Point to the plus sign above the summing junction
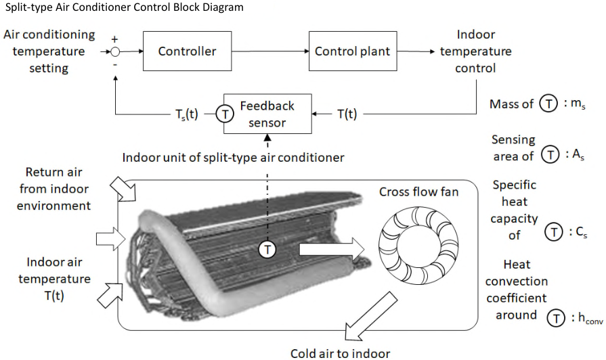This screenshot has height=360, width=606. pos(114,39)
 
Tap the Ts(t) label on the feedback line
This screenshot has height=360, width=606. pos(187,114)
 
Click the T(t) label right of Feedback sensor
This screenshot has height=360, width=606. pos(347,114)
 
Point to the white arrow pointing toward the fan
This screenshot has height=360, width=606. pos(332,250)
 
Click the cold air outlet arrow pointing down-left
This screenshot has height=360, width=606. pos(370,317)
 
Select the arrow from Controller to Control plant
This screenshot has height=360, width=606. pos(270,51)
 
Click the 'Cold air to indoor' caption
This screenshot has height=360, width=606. pos(340,353)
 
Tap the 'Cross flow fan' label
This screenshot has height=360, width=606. pos(418,192)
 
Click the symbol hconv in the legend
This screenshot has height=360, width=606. pos(590,318)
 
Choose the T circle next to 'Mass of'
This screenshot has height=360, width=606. pos(548,104)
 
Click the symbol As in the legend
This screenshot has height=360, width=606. pos(578,155)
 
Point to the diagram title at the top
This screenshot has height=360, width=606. pos(124,7)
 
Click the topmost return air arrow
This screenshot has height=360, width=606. pos(123,189)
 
